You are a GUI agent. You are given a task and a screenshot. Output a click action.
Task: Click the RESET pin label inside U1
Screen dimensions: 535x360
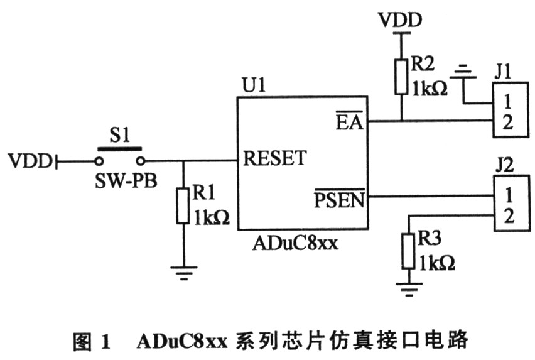[x=274, y=158]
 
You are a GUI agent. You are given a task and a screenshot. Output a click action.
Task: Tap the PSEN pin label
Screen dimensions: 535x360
[x=340, y=198]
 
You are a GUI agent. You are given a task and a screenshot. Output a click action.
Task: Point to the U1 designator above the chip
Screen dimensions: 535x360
[x=254, y=85]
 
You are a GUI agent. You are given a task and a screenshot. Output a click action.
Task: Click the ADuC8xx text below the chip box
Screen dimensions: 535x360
[x=296, y=243]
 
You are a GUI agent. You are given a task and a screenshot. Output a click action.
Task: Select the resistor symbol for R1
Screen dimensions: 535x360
[x=183, y=206]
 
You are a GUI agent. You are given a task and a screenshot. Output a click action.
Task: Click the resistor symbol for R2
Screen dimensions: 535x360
[x=401, y=77]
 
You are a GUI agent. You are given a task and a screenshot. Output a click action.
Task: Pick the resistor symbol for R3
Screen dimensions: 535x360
[x=408, y=251]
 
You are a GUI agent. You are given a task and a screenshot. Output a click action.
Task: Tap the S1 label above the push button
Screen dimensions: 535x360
[x=120, y=135]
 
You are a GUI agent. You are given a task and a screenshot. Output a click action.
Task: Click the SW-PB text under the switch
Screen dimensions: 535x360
[x=126, y=180]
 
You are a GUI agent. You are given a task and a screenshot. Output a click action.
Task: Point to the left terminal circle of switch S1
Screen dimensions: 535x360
[x=99, y=161]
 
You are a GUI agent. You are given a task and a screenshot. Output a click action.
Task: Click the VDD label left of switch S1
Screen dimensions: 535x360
[x=30, y=161]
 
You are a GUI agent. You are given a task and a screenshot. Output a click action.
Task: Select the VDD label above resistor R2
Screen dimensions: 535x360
[x=401, y=20]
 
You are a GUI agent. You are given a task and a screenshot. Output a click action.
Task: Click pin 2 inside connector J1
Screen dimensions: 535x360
[x=508, y=122]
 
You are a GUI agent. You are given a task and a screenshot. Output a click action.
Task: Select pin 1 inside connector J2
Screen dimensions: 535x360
[x=509, y=195]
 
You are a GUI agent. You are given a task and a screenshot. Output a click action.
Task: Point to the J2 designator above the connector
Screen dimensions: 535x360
[x=504, y=165]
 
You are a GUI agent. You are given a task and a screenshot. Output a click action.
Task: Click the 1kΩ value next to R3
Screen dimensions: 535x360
[x=437, y=263]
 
